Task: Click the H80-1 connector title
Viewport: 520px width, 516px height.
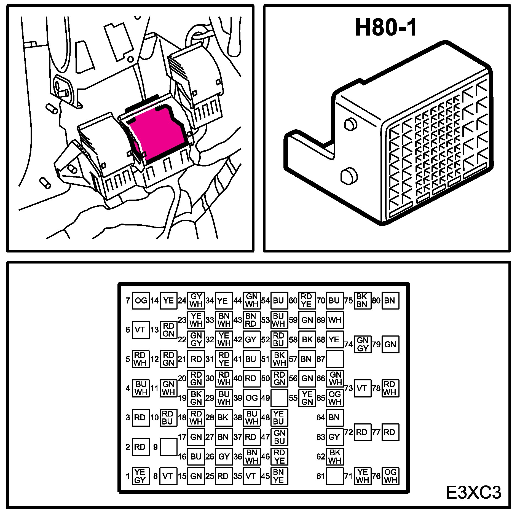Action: coord(386,28)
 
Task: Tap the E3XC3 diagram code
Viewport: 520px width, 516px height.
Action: coord(473,493)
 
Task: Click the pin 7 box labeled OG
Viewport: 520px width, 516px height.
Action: coord(141,300)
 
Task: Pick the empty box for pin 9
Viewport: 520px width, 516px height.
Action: coord(168,447)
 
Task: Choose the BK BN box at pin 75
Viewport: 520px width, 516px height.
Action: coord(362,300)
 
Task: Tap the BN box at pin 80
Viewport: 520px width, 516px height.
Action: coord(390,300)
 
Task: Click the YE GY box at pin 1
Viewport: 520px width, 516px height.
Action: coord(141,476)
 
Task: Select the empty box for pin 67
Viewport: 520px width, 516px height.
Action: coord(335,359)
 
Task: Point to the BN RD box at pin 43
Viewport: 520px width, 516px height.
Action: coord(251,320)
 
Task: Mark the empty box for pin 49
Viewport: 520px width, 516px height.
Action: coord(279,398)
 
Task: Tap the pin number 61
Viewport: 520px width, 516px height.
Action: coord(320,476)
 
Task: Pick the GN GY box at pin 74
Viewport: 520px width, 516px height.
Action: coord(363,344)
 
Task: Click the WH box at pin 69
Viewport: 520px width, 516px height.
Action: coord(335,320)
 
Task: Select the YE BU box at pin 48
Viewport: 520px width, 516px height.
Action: coord(279,418)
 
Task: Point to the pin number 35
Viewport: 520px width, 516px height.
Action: coord(238,476)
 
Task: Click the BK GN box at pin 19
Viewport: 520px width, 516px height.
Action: coord(196,398)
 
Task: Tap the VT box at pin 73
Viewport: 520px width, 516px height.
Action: coord(362,388)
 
